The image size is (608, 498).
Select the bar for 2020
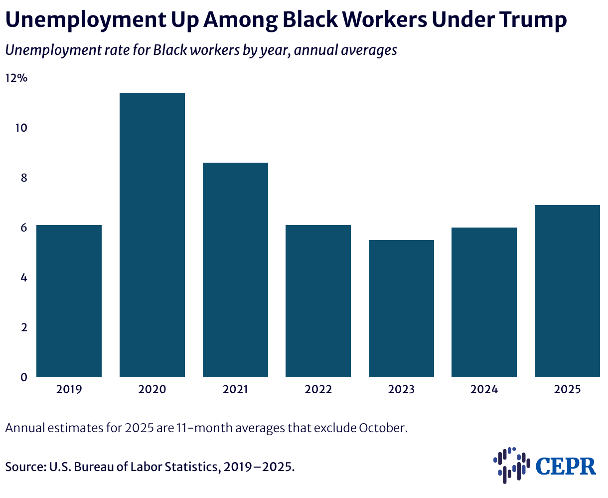[x=152, y=235]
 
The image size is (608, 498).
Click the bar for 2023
[x=401, y=308]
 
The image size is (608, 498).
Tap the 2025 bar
[x=567, y=291]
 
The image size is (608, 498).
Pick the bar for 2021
[x=235, y=269]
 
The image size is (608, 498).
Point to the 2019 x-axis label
[x=69, y=389]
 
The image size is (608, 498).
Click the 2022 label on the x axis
[x=318, y=389]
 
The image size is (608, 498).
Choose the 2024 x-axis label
[x=484, y=389]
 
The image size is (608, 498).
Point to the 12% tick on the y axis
[x=16, y=78]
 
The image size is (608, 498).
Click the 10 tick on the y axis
[x=21, y=128]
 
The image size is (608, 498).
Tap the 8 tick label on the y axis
[x=24, y=178]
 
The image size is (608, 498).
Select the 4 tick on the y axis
[x=24, y=278]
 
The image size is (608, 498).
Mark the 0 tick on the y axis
[x=24, y=377]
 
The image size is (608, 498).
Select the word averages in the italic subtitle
[x=369, y=50]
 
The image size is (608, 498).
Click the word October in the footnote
[x=383, y=428]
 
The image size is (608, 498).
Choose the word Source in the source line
[x=26, y=467]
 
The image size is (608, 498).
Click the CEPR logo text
[x=566, y=466]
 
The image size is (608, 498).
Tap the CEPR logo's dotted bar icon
[x=512, y=465]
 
